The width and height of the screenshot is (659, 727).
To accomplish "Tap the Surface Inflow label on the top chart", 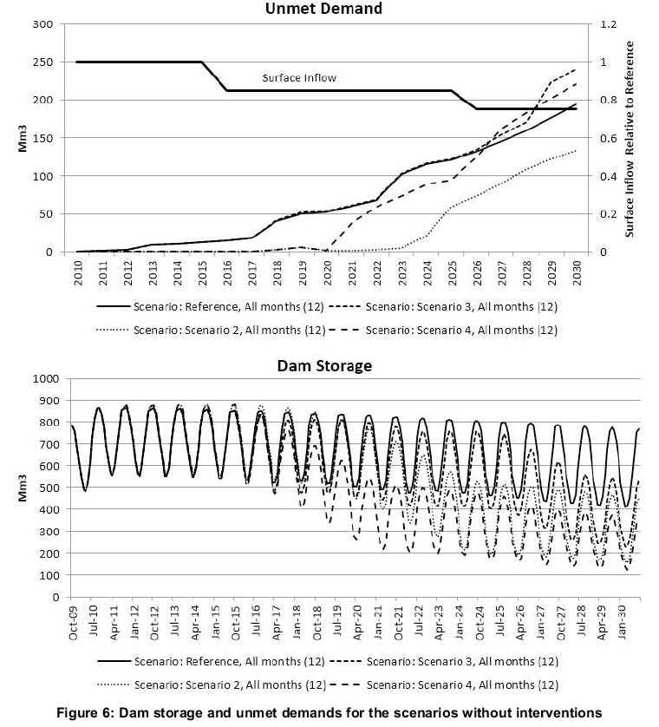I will [x=299, y=78].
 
